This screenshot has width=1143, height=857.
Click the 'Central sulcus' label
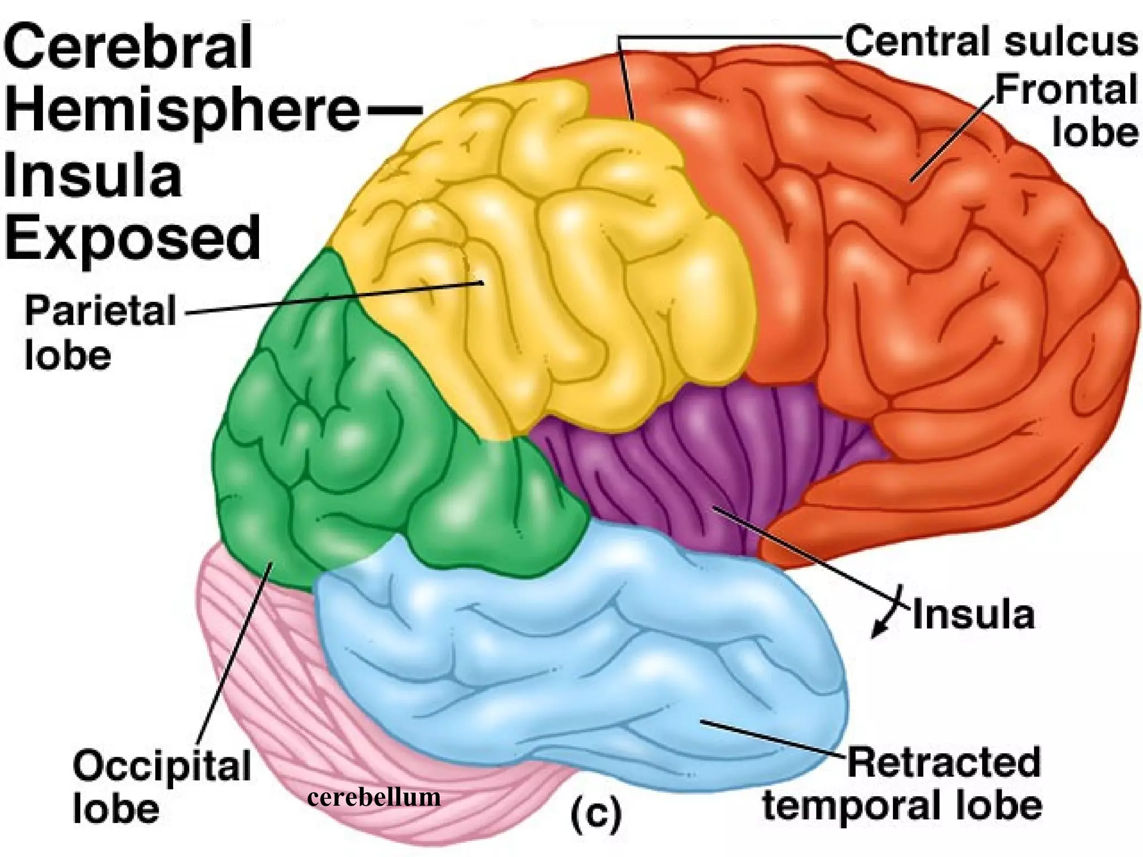coord(991,41)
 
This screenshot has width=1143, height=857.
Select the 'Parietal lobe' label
coord(100,333)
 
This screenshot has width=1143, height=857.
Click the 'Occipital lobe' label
coord(162,787)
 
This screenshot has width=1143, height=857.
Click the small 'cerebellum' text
coord(374,797)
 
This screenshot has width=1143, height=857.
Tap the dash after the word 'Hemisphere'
coord(394,109)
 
